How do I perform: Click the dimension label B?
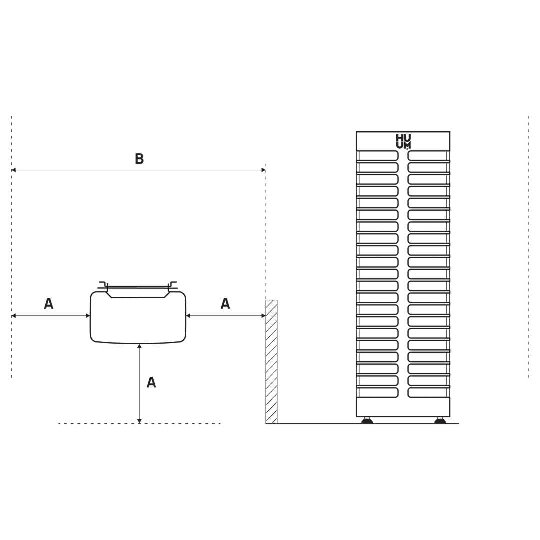[x=139, y=159]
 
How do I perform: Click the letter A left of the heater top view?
[x=49, y=304]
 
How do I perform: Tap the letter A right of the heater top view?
[x=225, y=304]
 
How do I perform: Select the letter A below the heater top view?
[x=151, y=382]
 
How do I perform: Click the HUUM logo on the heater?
[x=403, y=142]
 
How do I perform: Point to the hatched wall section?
[x=271, y=362]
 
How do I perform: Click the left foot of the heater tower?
[x=367, y=420]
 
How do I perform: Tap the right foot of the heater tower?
[x=440, y=420]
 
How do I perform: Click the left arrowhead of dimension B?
[x=14, y=170]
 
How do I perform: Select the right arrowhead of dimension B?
[x=263, y=170]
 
